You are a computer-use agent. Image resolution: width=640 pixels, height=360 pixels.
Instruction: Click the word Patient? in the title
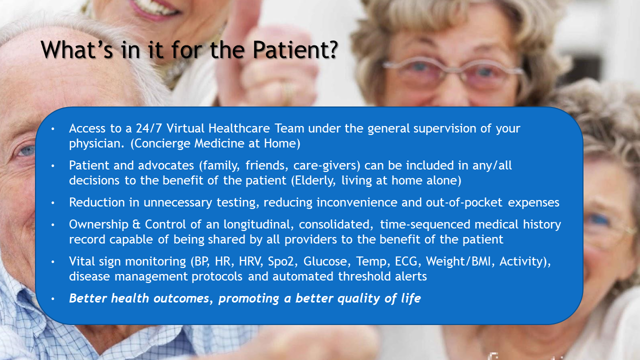click(x=295, y=49)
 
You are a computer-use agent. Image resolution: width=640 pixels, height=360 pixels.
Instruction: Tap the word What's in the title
click(x=77, y=49)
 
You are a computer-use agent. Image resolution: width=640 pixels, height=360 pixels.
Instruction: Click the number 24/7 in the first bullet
click(x=149, y=128)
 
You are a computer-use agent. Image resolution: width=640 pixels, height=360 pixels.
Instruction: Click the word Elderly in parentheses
click(x=313, y=180)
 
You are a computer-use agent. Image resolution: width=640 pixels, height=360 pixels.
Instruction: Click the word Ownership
click(x=99, y=224)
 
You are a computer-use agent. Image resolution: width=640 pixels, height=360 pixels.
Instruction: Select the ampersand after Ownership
click(x=136, y=225)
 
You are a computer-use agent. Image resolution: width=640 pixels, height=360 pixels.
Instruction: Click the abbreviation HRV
click(x=251, y=261)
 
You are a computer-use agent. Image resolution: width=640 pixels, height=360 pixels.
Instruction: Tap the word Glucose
click(x=325, y=261)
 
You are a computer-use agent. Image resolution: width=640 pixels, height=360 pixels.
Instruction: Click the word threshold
click(x=364, y=276)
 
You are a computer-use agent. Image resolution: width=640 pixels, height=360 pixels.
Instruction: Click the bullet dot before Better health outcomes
click(x=53, y=299)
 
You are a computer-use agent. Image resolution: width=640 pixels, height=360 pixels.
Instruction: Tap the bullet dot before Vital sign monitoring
click(x=53, y=262)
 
